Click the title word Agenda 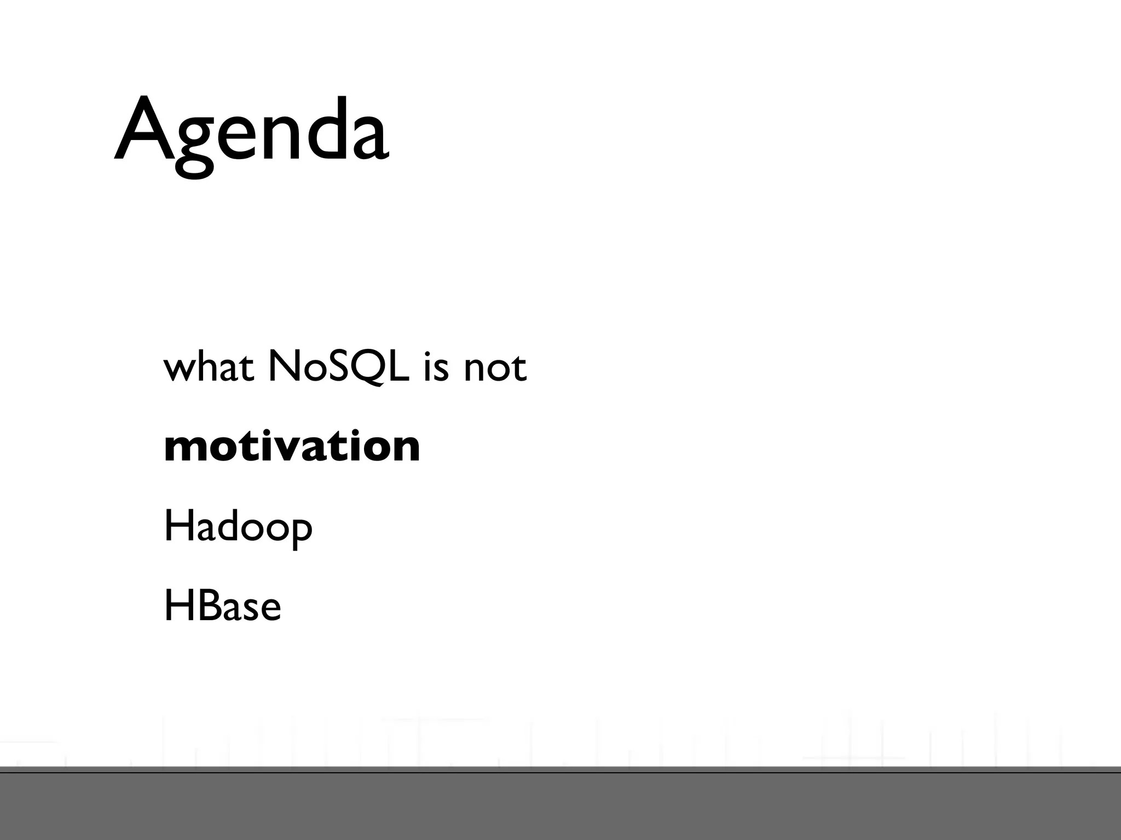252,131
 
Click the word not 494,367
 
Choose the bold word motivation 292,446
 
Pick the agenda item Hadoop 238,527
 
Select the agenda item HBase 222,606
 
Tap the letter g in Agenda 194,145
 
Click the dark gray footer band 560,807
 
